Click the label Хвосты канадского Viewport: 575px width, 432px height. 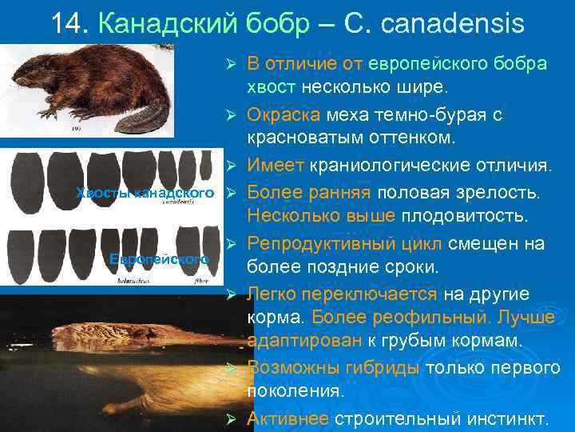pyautogui.click(x=145, y=193)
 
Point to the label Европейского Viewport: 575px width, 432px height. pyautogui.click(x=159, y=259)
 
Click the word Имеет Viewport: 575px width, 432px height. pyautogui.click(x=274, y=166)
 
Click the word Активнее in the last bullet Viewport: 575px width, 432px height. pyautogui.click(x=287, y=418)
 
